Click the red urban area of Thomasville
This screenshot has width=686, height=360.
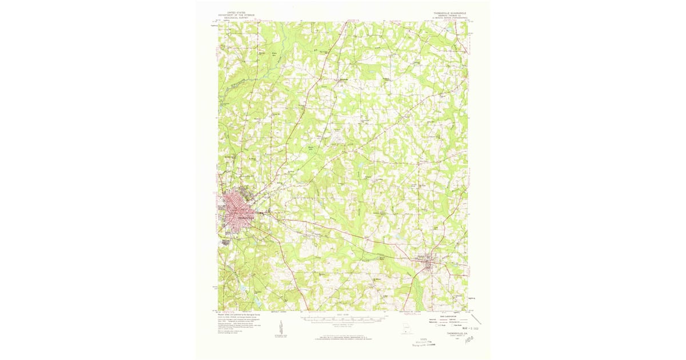[x=239, y=212]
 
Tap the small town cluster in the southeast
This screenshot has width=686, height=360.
[x=429, y=261]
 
